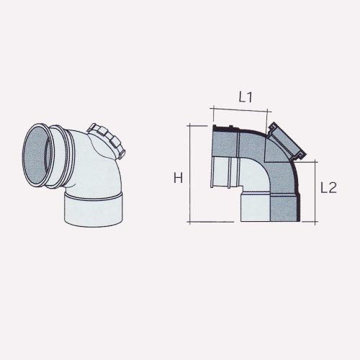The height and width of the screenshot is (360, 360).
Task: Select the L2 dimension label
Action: [328, 189]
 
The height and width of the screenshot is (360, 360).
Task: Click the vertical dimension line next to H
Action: [189, 173]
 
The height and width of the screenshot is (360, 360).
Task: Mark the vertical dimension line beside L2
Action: [315, 192]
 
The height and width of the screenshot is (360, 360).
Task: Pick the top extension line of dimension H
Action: [202, 125]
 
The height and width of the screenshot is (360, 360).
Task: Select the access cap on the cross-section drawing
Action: [287, 143]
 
